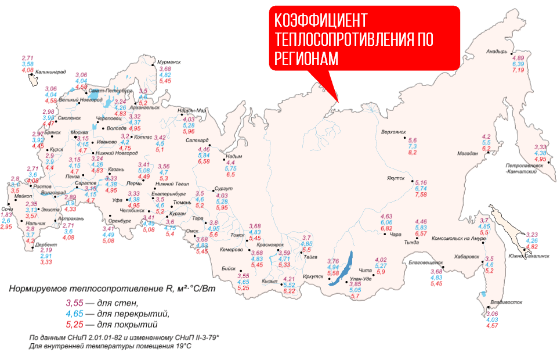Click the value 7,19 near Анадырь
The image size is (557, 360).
pyautogui.click(x=518, y=70)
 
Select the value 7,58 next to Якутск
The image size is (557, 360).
pyautogui.click(x=421, y=195)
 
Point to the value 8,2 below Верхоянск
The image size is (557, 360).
pyautogui.click(x=413, y=153)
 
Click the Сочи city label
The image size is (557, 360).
pyautogui.click(x=6, y=208)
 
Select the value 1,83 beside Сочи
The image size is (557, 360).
pyautogui.click(x=6, y=215)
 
